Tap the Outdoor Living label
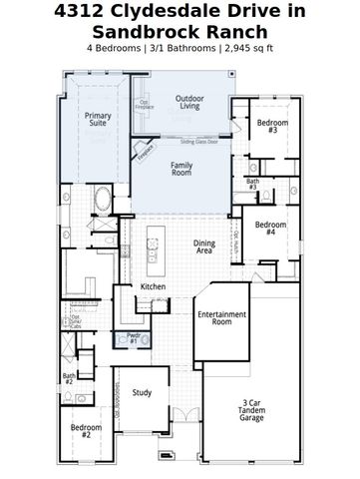(x=189, y=102)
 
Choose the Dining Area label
(x=204, y=248)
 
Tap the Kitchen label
(x=153, y=286)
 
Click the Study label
(x=142, y=392)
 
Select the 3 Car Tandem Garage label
(x=251, y=410)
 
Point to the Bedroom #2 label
(x=87, y=431)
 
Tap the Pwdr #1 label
(x=133, y=338)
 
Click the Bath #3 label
(x=252, y=184)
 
